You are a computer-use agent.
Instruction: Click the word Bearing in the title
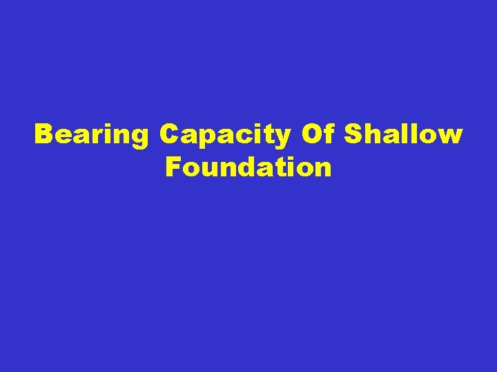coord(91,136)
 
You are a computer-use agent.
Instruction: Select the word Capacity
coord(225,136)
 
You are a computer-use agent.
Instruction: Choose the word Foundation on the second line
coord(248,167)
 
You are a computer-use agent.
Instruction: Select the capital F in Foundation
coord(173,167)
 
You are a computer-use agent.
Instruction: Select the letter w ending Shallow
coord(449,136)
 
